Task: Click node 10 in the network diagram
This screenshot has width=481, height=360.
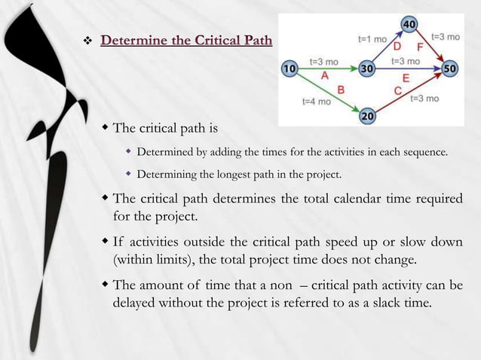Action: point(289,69)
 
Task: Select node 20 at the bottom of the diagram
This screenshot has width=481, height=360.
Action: point(368,117)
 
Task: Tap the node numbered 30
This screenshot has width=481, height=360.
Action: point(368,69)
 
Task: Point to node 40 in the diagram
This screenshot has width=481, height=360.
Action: point(409,25)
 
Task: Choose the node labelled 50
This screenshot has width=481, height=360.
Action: point(450,69)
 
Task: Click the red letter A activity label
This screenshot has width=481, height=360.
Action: point(325,75)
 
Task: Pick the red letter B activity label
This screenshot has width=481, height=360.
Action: point(341,90)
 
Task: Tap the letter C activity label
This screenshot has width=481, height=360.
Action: point(397,91)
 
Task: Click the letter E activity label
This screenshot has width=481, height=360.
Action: point(406,78)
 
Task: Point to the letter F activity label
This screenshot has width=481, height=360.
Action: point(419,47)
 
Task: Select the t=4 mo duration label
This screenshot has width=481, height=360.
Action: point(316,102)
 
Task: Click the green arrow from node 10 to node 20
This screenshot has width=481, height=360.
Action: point(328,93)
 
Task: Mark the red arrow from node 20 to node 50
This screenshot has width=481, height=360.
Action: point(409,93)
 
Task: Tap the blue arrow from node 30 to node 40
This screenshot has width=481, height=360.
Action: point(387,47)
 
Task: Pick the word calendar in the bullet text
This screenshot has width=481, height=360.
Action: point(348,200)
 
